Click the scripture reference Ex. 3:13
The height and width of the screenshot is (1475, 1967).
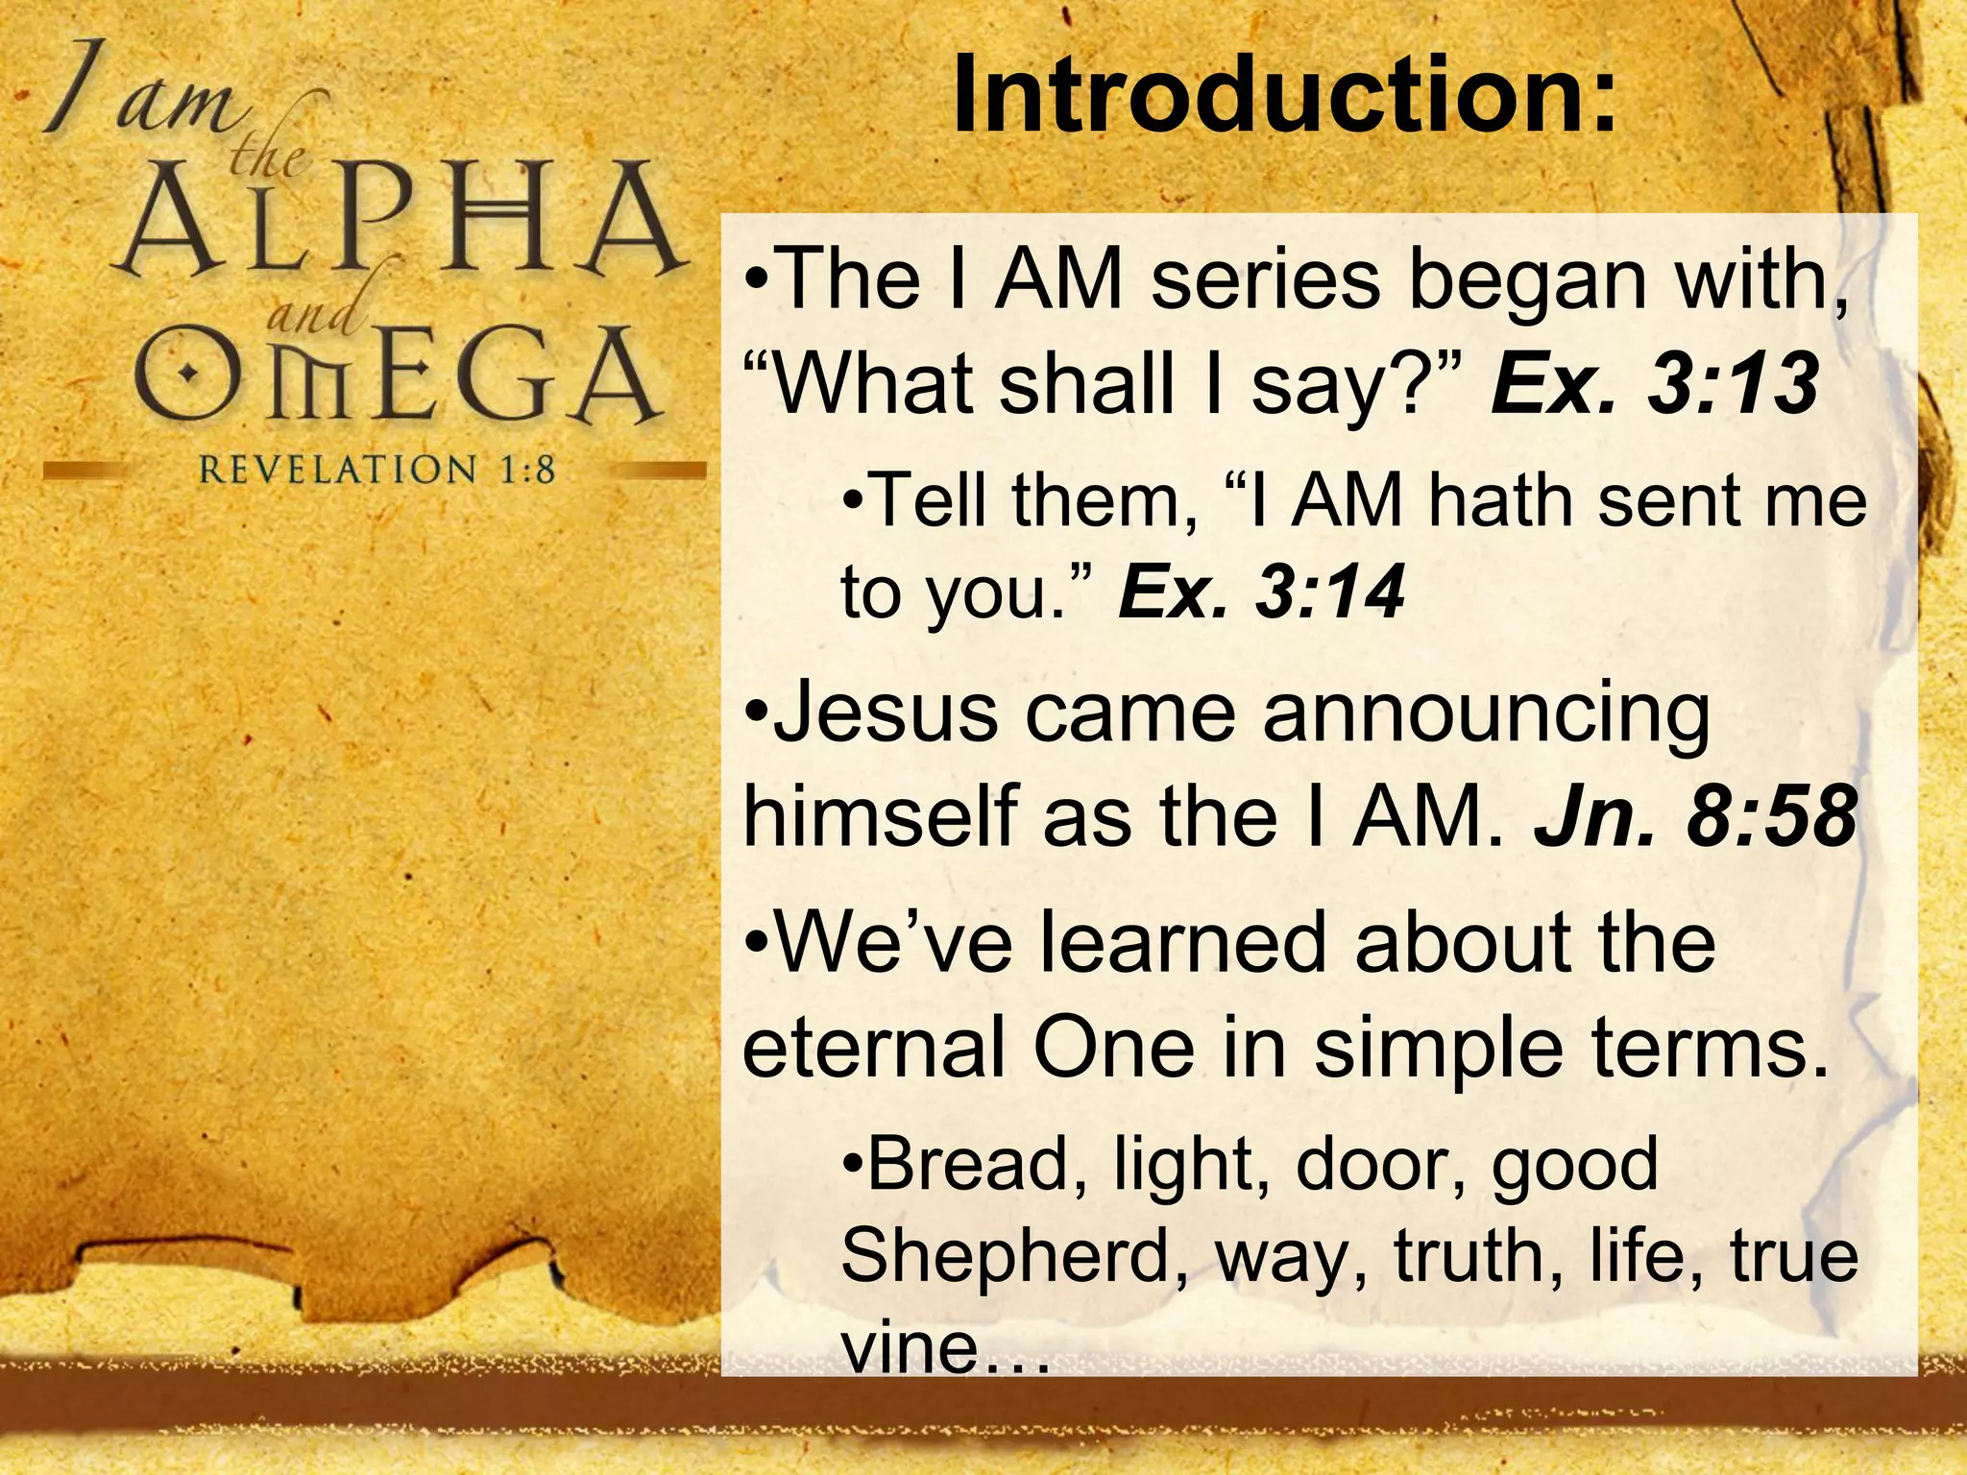pyautogui.click(x=1654, y=384)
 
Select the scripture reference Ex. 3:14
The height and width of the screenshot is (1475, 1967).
pyautogui.click(x=1261, y=592)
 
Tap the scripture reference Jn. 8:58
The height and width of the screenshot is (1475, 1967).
pyautogui.click(x=1695, y=817)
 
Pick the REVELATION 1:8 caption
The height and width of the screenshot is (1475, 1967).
pyautogui.click(x=376, y=470)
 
